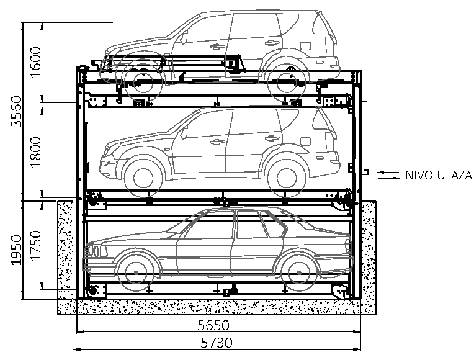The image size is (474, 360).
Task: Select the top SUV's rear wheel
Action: click(287, 79)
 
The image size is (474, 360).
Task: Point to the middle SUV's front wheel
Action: click(142, 173)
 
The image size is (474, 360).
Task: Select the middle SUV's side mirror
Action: click(184, 131)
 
